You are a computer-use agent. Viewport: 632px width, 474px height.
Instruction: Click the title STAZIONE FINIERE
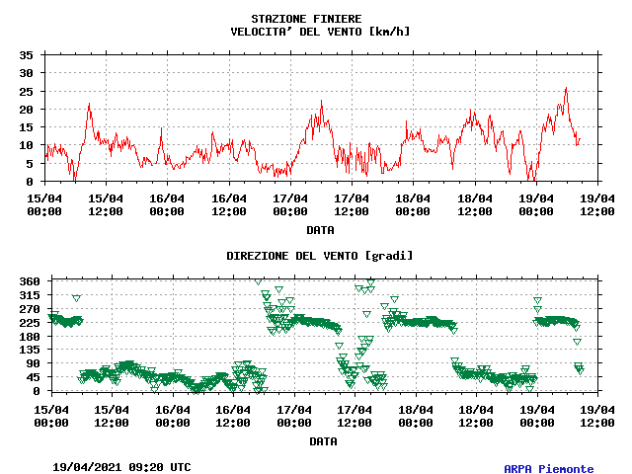[x=306, y=19]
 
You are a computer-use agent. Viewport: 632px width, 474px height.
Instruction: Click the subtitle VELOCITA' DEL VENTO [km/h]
[x=320, y=32]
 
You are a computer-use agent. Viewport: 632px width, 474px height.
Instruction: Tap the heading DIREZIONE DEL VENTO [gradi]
[x=320, y=256]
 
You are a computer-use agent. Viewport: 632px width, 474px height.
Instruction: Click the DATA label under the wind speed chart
[x=320, y=230]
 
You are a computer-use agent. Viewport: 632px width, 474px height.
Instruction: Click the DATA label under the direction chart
[x=320, y=441]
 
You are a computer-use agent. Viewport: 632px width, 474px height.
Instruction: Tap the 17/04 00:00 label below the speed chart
[x=289, y=204]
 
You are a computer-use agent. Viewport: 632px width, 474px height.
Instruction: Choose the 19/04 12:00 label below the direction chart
[x=597, y=416]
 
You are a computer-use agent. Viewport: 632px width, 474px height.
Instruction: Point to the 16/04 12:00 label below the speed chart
[x=228, y=204]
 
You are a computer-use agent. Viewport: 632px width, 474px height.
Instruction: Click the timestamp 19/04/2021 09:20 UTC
[x=121, y=467]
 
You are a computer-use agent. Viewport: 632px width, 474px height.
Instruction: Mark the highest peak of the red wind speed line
[x=566, y=88]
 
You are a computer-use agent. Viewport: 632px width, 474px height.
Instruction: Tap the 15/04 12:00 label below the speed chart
[x=106, y=204]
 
